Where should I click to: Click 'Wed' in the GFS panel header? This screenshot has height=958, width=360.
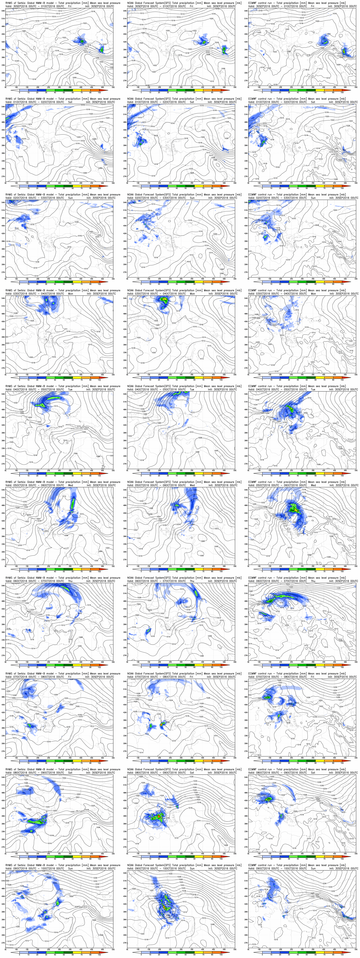click(192, 485)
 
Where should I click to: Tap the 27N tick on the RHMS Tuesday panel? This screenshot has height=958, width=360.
click(3, 464)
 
